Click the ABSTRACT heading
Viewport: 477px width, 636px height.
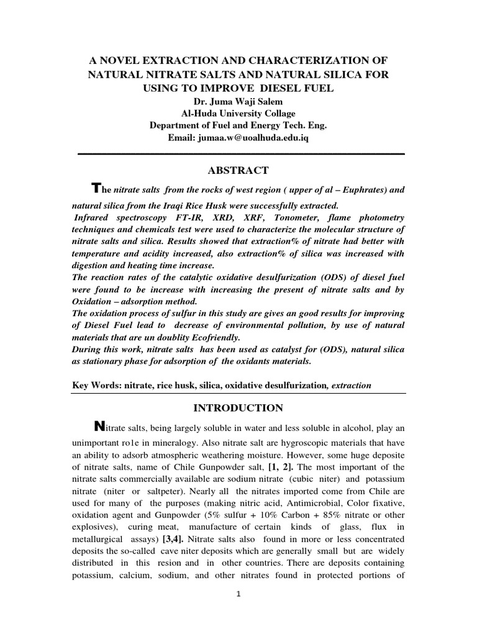coord(239,170)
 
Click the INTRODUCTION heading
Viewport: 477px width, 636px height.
coord(239,408)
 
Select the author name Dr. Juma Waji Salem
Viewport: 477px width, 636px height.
coord(239,101)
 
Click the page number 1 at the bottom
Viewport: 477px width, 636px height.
coord(238,612)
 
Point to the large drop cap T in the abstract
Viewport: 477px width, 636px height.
coord(95,188)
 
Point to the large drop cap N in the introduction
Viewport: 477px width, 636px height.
coord(98,426)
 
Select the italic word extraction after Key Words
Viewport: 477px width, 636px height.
coord(352,385)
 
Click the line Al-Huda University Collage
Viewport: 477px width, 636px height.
coord(238,113)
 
